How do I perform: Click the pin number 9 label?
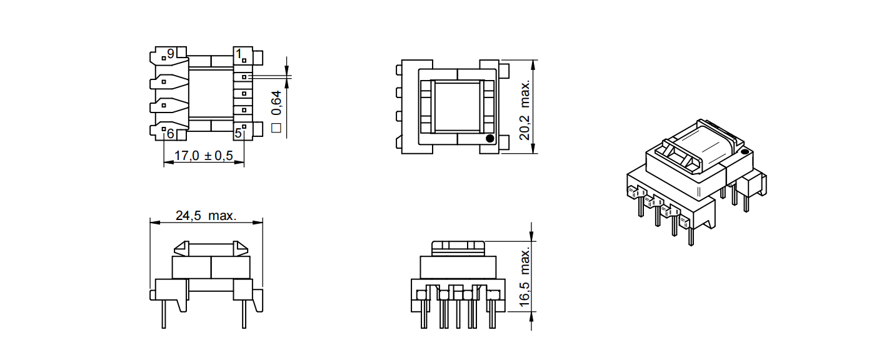coord(171,53)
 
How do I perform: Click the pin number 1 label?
coord(239,53)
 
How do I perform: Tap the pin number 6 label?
coord(171,134)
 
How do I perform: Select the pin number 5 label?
coord(238,133)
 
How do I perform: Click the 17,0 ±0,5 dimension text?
coord(204,155)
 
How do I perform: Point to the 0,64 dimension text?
coord(276,102)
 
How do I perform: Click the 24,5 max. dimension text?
coord(206,216)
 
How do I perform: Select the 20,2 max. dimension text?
coord(525,109)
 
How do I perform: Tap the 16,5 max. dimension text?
coord(525,277)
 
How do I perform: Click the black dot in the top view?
coord(490,139)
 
